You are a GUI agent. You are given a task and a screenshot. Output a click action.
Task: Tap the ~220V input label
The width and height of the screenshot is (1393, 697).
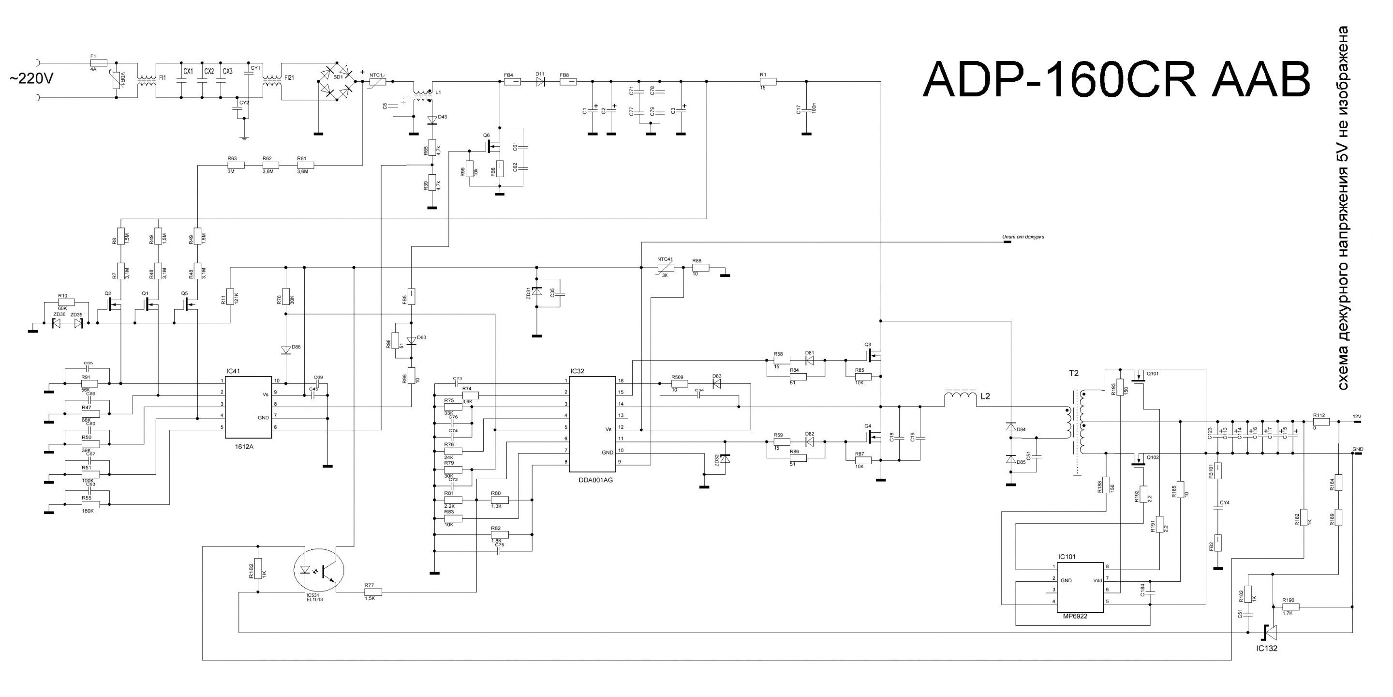pyautogui.click(x=31, y=79)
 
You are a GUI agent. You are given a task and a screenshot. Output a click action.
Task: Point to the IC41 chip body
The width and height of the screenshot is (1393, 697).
pyautogui.click(x=248, y=407)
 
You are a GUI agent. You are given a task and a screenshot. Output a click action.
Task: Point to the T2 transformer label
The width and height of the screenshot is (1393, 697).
pyautogui.click(x=1073, y=373)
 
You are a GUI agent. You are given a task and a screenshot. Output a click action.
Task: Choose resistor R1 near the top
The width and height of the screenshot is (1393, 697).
pyautogui.click(x=767, y=82)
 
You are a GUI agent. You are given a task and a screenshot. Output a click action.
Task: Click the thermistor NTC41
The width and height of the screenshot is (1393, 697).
pyautogui.click(x=665, y=268)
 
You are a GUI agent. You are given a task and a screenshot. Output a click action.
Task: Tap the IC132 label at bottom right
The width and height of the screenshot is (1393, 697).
pyautogui.click(x=1266, y=648)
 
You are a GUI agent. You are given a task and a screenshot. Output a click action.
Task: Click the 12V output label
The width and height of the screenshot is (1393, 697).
pyautogui.click(x=1357, y=417)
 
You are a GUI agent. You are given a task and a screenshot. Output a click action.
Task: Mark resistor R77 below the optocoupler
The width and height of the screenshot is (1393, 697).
pyautogui.click(x=373, y=592)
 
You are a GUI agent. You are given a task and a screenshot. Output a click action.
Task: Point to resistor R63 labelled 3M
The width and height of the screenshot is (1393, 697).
pyautogui.click(x=235, y=165)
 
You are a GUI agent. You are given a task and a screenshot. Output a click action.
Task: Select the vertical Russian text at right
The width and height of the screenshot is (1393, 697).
pyautogui.click(x=1341, y=208)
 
